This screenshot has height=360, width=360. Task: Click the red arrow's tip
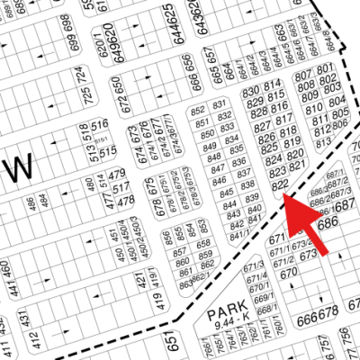[285, 198]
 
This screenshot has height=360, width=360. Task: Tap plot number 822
[279, 184]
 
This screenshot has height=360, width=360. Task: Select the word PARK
[225, 315]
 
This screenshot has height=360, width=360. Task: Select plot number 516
[99, 124]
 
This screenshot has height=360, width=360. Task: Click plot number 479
[115, 174]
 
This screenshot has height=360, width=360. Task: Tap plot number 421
[139, 283]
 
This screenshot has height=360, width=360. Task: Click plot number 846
[216, 183]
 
